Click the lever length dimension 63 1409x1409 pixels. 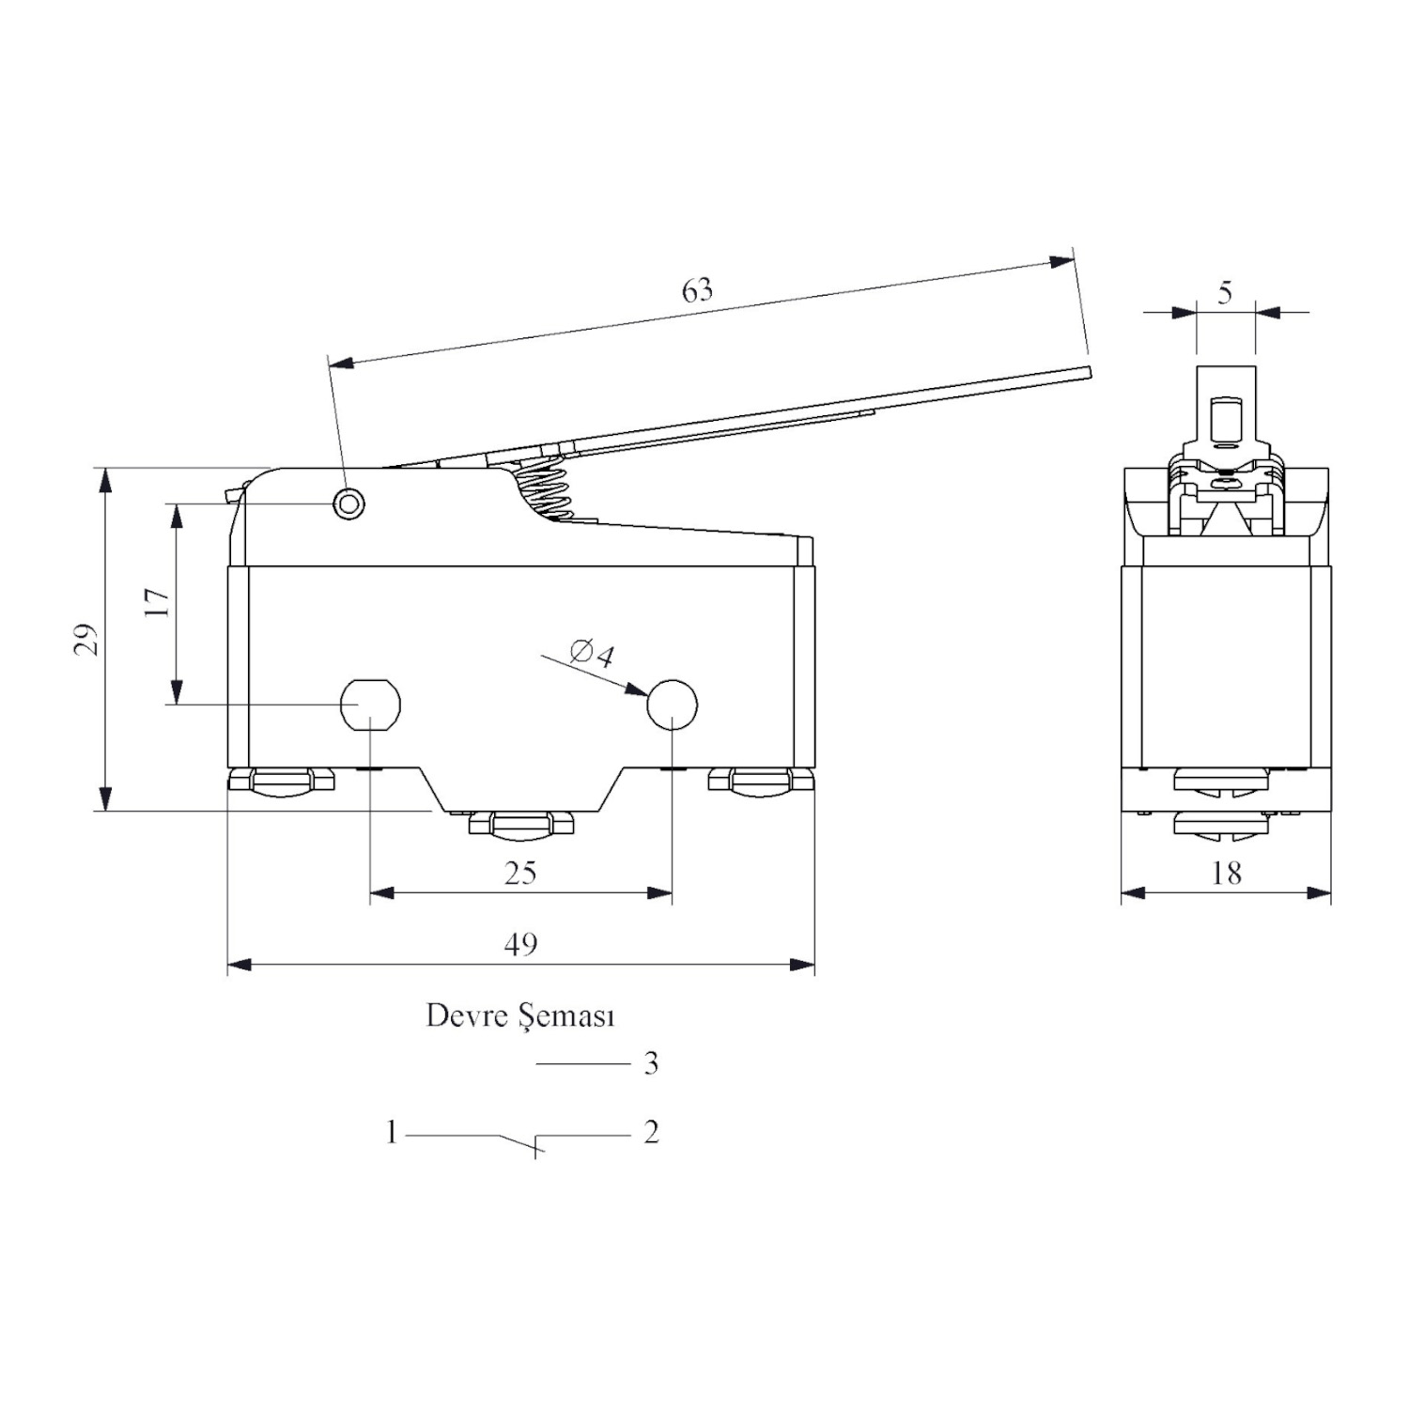point(698,290)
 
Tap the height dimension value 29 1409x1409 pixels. point(86,640)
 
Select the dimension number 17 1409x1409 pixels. point(159,602)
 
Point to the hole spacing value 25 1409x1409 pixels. point(520,873)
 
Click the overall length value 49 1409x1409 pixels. point(520,943)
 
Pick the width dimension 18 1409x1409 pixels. point(1227,873)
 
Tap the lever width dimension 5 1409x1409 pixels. point(1225,293)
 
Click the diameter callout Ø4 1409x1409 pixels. point(592,652)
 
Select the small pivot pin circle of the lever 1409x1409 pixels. point(349,503)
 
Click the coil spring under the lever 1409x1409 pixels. point(542,486)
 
